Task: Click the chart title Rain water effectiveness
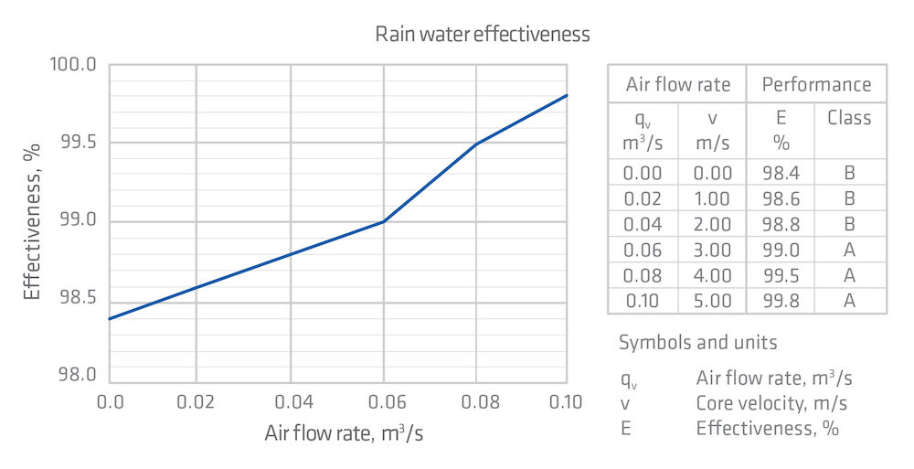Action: point(483,35)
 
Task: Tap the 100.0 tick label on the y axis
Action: point(74,65)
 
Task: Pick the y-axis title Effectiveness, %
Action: point(33,222)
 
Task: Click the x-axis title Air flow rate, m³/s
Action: point(344,433)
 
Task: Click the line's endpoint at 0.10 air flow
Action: point(567,95)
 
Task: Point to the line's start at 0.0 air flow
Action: point(110,318)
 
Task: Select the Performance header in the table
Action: point(816,85)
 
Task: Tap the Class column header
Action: point(849,118)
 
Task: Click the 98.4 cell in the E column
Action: point(781,173)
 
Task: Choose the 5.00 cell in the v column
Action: point(712,301)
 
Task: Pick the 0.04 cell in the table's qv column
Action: point(643,224)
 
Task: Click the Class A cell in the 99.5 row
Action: point(849,275)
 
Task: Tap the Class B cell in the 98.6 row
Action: point(849,198)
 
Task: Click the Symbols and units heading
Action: point(698,343)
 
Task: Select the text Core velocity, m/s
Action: point(771,402)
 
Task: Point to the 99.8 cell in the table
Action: point(781,301)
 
